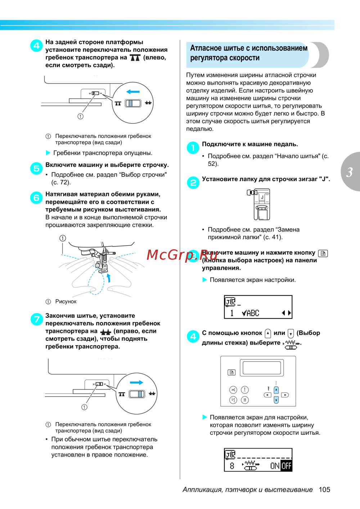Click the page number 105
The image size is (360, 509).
(324, 490)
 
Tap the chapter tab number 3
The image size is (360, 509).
(350, 172)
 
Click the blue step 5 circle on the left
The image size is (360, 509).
(37, 168)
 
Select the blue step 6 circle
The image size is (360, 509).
(37, 198)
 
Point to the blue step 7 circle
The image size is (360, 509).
(37, 319)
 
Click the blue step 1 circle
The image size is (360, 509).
(193, 147)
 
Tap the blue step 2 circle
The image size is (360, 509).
(193, 182)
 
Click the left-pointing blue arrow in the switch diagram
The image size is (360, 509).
(133, 92)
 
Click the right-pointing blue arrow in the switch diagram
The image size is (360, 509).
(136, 383)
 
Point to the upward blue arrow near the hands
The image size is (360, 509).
(109, 277)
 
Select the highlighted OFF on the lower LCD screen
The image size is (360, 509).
(287, 466)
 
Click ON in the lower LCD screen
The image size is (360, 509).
(275, 466)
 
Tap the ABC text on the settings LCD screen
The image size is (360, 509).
(253, 313)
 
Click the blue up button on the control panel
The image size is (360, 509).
(276, 390)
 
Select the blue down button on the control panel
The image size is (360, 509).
(276, 400)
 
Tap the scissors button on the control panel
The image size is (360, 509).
(233, 390)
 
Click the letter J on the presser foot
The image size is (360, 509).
(262, 197)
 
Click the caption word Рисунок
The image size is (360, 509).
(66, 302)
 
